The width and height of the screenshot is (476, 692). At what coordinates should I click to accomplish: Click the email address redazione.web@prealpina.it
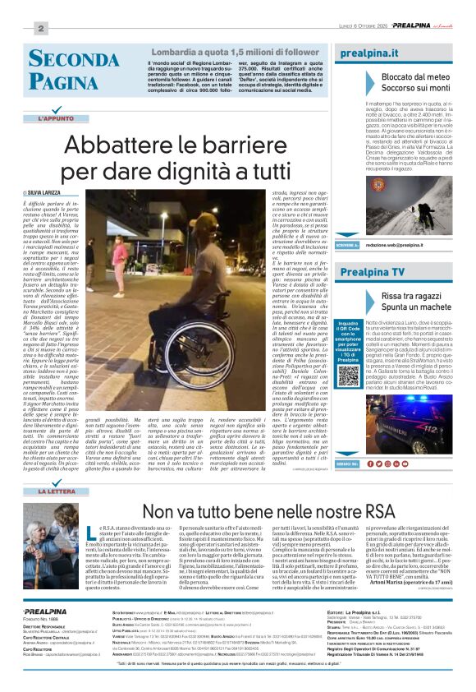tap(394, 245)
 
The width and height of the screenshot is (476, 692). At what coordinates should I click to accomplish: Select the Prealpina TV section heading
tap(372, 271)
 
